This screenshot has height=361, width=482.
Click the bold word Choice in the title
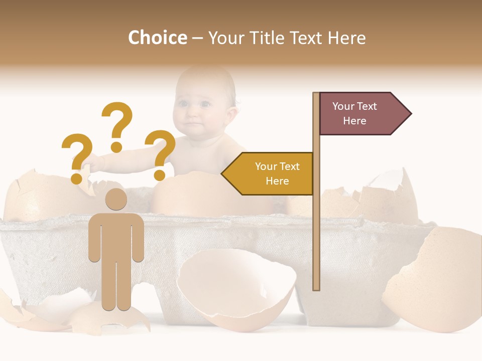(157, 38)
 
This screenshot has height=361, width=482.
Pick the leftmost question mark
(77, 156)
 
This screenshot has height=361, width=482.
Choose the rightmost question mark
(160, 153)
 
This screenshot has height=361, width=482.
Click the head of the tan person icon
(116, 199)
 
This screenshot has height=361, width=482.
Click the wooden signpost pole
(316, 226)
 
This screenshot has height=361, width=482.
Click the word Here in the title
(347, 38)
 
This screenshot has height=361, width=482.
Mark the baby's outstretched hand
(91, 161)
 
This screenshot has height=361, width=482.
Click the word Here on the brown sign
(354, 121)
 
